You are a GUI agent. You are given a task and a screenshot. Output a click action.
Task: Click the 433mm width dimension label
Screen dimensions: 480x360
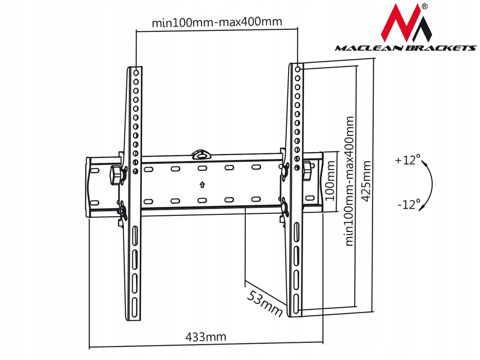206,337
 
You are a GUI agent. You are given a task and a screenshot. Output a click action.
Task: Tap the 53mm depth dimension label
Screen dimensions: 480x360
265,303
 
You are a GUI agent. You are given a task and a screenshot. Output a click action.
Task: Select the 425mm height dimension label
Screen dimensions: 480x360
366,181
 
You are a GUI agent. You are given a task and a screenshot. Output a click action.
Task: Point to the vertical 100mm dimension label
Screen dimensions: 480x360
330,181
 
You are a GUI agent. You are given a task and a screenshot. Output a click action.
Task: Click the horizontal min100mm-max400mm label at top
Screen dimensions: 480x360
217,22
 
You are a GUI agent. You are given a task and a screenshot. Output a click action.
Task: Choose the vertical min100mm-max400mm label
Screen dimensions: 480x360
349,181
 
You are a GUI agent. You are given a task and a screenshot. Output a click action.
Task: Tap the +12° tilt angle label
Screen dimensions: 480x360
407,160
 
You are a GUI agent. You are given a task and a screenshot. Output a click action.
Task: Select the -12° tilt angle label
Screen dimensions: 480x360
409,204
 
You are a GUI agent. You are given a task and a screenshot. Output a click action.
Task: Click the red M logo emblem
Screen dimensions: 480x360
406,23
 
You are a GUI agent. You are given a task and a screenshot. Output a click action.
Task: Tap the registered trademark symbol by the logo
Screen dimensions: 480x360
425,6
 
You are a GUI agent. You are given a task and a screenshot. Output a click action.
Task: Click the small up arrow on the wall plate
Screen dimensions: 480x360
202,185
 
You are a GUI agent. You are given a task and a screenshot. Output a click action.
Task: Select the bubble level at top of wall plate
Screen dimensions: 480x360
202,155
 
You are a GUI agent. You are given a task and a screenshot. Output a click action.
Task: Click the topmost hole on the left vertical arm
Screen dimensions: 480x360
136,73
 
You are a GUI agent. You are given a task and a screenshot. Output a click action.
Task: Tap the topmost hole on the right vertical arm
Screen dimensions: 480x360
298,69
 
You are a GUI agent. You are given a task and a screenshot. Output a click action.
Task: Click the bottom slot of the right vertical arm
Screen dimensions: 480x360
296,304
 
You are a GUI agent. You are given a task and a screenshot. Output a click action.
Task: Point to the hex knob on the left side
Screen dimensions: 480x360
115,175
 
